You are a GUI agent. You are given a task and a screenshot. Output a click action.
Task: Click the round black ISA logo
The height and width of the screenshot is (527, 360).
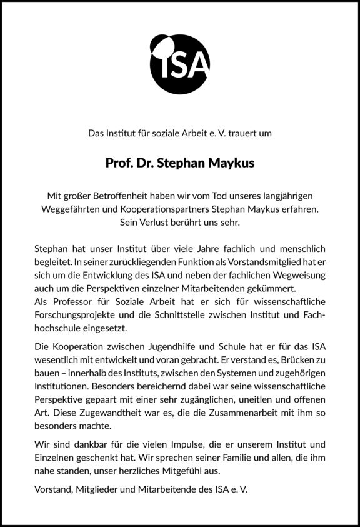[x=180, y=63]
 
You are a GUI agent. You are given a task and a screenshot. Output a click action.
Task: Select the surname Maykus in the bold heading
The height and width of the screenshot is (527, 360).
[x=232, y=164]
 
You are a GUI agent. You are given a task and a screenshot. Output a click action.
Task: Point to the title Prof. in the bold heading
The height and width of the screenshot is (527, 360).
[x=119, y=164]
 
